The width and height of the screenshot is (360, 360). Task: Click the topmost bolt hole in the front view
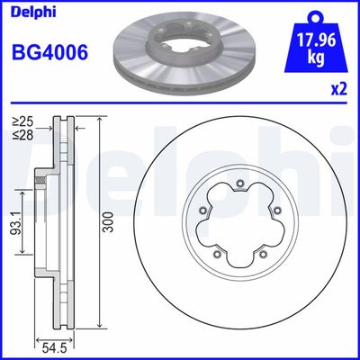coord(239,188)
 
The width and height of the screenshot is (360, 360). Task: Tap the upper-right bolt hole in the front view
coord(274,213)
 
